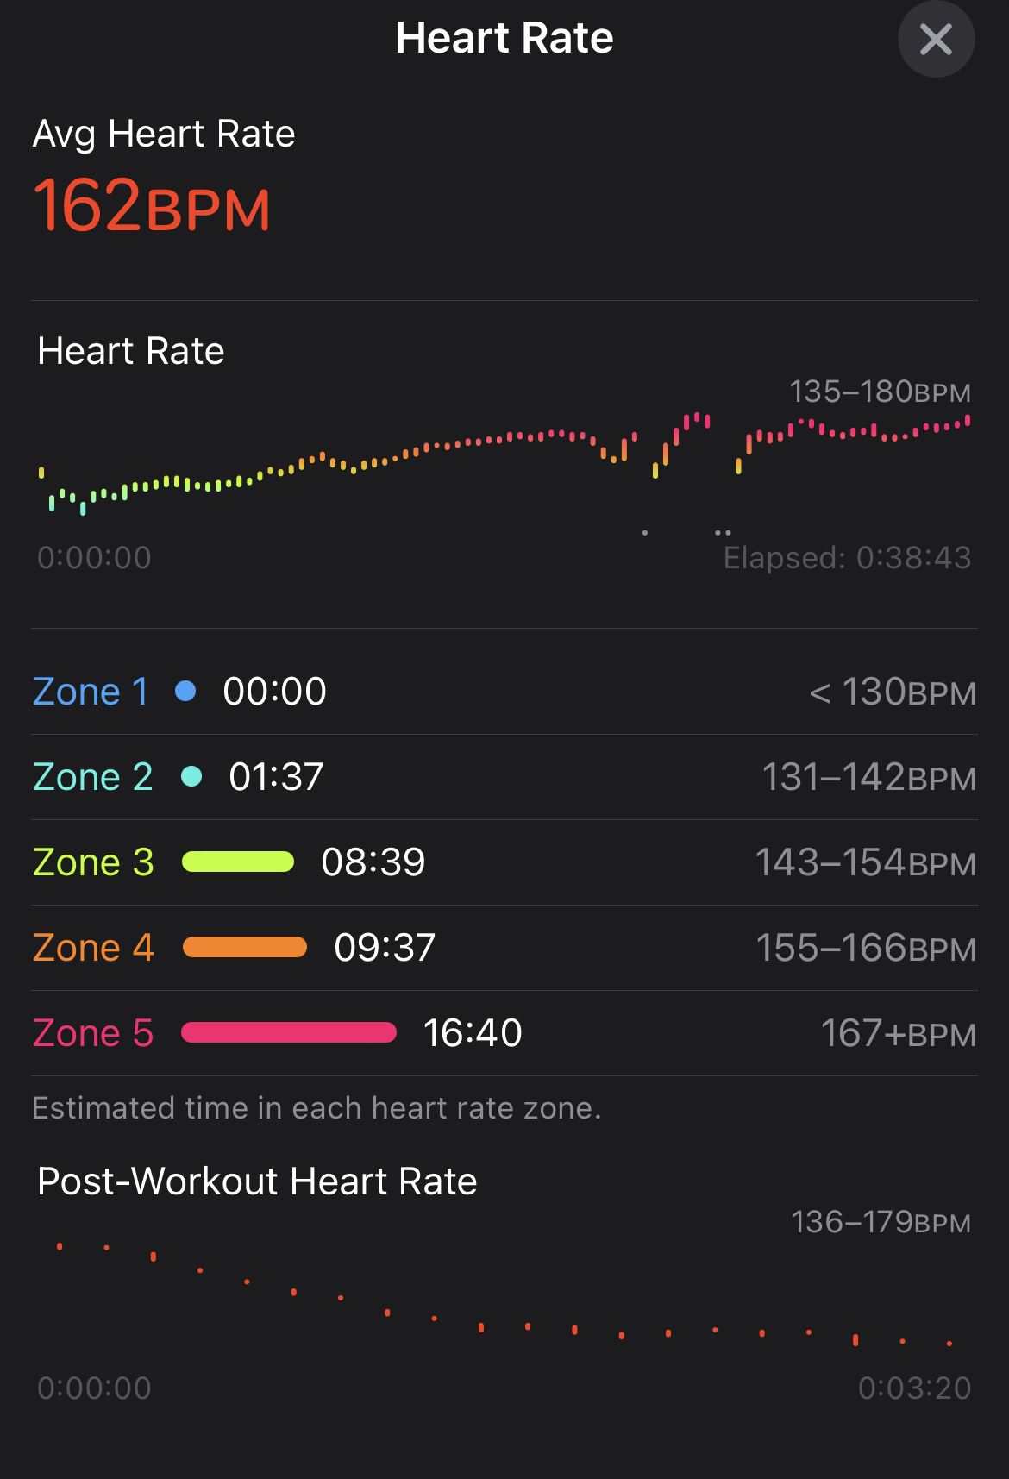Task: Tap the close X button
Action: (936, 40)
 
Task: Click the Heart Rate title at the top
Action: (504, 39)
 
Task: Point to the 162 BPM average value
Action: (152, 207)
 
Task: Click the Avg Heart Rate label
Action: (164, 135)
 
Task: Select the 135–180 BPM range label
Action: (880, 392)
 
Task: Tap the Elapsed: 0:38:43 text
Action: (847, 558)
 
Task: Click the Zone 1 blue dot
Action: (185, 691)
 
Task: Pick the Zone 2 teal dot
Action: (191, 776)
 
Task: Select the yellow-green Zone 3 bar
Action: (238, 862)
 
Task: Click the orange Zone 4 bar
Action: (245, 947)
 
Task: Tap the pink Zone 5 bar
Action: (289, 1032)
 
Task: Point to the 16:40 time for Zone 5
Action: (473, 1032)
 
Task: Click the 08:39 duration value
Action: (373, 862)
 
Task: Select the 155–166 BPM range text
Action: (866, 948)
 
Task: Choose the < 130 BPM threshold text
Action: (893, 692)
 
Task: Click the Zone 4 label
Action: (93, 948)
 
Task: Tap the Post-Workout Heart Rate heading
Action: (257, 1181)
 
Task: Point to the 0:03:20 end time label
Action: (914, 1388)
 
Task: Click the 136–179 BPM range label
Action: (881, 1222)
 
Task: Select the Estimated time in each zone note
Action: (316, 1108)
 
